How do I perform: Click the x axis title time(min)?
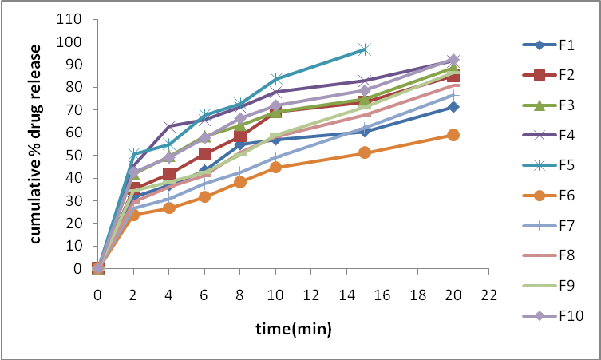[293, 328]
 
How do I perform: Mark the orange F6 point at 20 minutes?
[453, 135]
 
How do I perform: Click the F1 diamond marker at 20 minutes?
[453, 107]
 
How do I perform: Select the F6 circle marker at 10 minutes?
[275, 167]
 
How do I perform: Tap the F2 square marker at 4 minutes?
[169, 174]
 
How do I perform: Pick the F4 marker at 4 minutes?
[169, 126]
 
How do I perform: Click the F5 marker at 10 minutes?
[275, 78]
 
